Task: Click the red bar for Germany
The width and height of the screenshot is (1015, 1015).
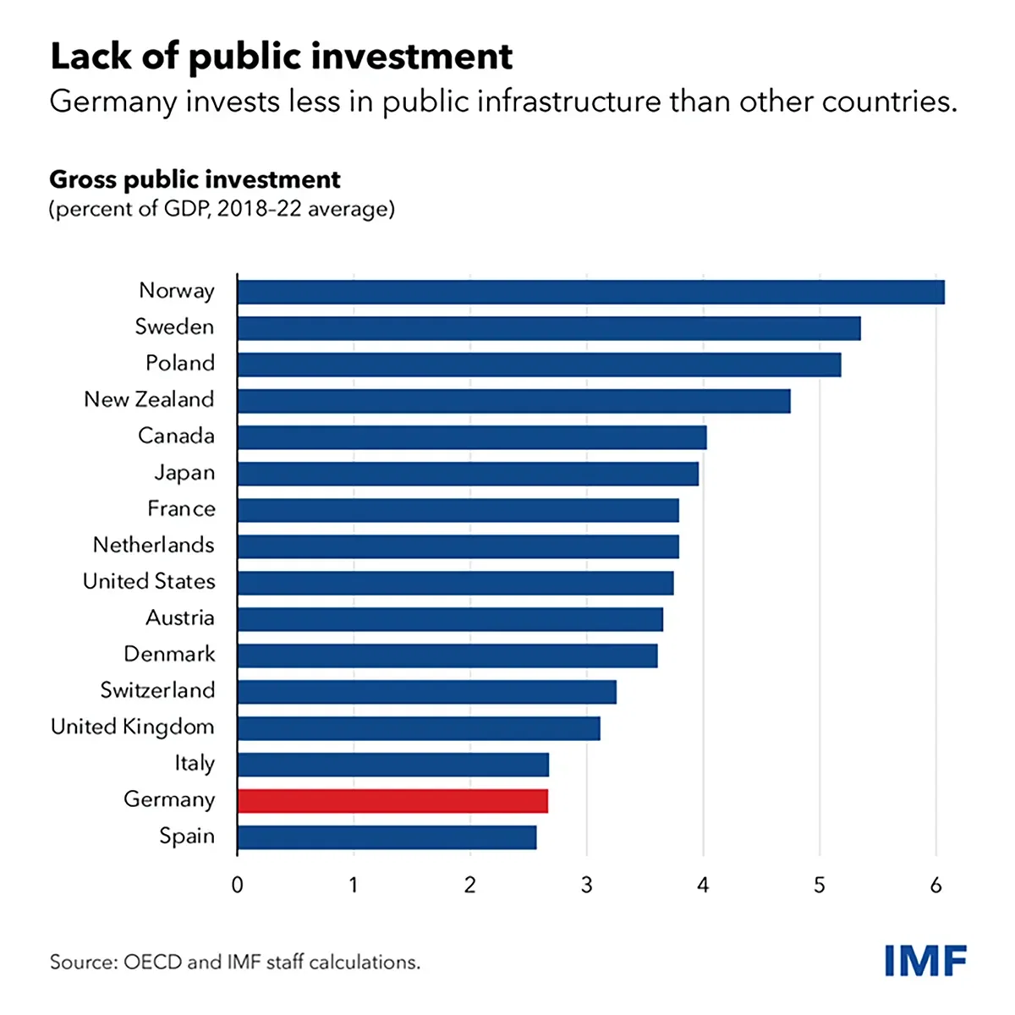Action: [392, 801]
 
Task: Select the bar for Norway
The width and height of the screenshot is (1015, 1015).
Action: [590, 292]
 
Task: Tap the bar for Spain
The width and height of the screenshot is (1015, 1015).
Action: [387, 837]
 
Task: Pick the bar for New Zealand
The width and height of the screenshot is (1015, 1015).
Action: [513, 401]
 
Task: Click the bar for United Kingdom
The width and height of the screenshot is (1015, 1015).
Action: [419, 728]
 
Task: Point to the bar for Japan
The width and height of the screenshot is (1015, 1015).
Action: [468, 474]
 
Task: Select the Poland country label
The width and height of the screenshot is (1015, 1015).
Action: [180, 364]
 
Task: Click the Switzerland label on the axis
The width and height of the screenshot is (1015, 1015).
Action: [157, 690]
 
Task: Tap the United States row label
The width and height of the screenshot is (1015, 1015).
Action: [149, 582]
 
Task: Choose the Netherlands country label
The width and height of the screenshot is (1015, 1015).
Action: [154, 546]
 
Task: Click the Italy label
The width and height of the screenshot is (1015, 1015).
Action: [195, 764]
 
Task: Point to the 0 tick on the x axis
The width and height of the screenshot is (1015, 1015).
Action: [238, 886]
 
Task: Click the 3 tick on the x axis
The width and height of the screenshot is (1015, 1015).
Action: [587, 886]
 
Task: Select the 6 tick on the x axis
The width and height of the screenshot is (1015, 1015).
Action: [935, 886]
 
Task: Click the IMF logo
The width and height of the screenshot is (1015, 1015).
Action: [925, 961]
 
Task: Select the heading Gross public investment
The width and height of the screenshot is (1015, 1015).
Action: [195, 179]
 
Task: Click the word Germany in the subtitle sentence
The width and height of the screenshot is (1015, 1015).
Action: [113, 102]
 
